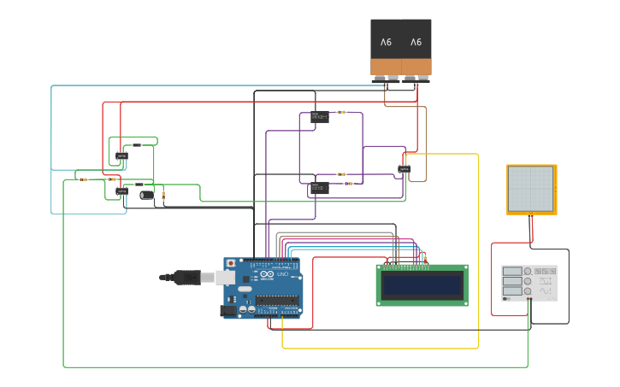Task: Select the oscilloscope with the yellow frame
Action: click(x=531, y=189)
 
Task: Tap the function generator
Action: click(x=529, y=282)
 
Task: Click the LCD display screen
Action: click(x=422, y=284)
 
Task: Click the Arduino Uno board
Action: click(x=263, y=287)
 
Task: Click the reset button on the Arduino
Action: click(x=230, y=263)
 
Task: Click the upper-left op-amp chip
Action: click(x=121, y=155)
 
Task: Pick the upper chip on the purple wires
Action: click(x=320, y=116)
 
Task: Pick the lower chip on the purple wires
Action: click(x=319, y=188)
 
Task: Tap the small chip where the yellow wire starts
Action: click(x=404, y=169)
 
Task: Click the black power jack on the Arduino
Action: click(x=228, y=311)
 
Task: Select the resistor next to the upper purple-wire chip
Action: click(x=341, y=112)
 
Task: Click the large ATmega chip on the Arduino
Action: click(x=278, y=300)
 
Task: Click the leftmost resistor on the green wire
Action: click(x=83, y=179)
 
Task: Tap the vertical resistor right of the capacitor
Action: click(x=163, y=196)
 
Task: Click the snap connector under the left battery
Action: click(x=386, y=79)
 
